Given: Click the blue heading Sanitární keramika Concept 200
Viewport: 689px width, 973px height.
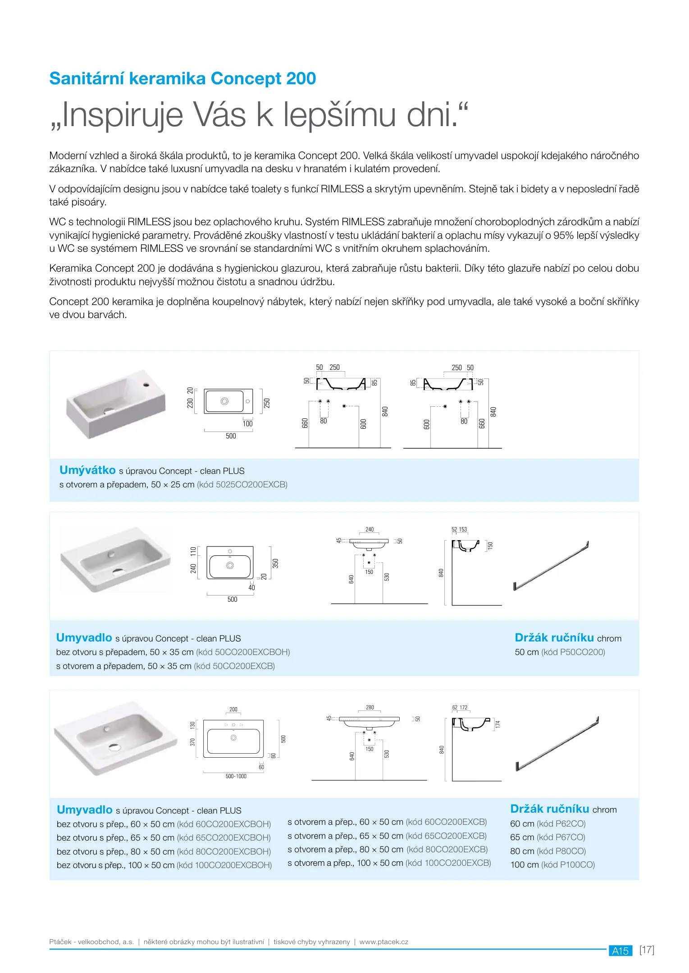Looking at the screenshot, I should pyautogui.click(x=183, y=78).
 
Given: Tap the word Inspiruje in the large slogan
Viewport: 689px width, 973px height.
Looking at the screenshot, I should pyautogui.click(x=122, y=115).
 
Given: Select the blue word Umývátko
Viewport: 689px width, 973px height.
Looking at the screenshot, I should pyautogui.click(x=87, y=470).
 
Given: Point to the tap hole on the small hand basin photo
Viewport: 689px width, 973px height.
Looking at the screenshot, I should pyautogui.click(x=146, y=385).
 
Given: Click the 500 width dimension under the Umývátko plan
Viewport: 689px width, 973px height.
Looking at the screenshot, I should pyautogui.click(x=231, y=436).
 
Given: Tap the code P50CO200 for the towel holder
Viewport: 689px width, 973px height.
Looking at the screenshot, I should pyautogui.click(x=580, y=652).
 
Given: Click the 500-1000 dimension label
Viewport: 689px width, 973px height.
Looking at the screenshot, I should pyautogui.click(x=236, y=776).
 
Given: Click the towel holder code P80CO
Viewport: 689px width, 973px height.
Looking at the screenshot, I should pyautogui.click(x=570, y=851).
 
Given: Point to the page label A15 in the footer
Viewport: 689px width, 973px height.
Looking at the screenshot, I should pyautogui.click(x=620, y=951).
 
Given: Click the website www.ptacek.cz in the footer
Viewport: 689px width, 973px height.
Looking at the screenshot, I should pyautogui.click(x=384, y=942).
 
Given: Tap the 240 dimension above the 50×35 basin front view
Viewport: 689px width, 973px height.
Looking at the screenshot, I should pyautogui.click(x=370, y=530).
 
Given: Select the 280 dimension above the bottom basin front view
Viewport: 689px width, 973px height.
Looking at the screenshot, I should pyautogui.click(x=370, y=708).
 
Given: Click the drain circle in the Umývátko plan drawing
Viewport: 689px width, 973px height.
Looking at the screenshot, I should pyautogui.click(x=224, y=401).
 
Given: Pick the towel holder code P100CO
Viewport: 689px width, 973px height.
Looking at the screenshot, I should pyautogui.click(x=574, y=865).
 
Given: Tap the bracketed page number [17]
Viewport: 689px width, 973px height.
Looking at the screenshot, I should pyautogui.click(x=647, y=950).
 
